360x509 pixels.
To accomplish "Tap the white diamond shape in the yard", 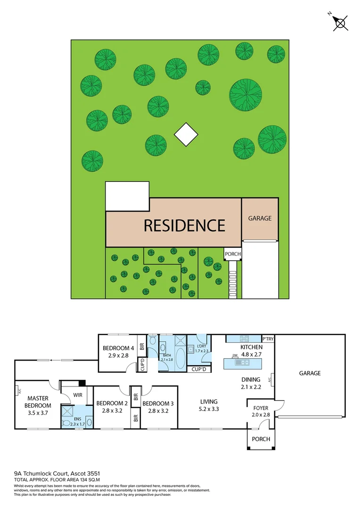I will [186, 134].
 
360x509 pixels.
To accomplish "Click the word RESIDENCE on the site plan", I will [184, 225].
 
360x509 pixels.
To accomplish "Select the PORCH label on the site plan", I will [233, 254].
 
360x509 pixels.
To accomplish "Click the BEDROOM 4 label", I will [119, 348].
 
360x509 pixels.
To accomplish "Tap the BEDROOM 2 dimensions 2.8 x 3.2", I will [112, 411].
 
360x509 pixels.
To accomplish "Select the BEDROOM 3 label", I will [158, 403].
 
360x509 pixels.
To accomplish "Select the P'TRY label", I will [268, 339].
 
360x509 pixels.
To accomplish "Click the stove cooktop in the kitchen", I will [244, 339].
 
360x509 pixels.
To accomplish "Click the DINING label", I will [251, 379].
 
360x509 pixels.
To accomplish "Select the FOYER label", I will [261, 408].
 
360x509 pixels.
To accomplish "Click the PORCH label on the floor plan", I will [261, 439].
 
